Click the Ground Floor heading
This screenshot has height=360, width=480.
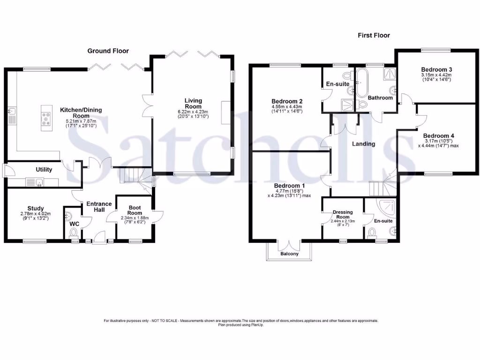pos(108,51)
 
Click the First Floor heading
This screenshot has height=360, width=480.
pos(374,35)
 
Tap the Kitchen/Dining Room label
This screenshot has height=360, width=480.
pos(81,113)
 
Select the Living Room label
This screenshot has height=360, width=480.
pos(193,104)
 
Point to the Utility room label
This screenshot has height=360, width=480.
pos(44,169)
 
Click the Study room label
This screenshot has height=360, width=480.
pos(36,209)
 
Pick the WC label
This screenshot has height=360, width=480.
pos(74,224)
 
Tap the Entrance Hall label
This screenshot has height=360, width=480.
pos(99,207)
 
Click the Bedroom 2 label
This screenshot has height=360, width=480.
pos(286,101)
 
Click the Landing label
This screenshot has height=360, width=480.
pos(364,144)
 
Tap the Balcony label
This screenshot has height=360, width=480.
pos(290,254)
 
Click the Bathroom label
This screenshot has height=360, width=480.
pos(380,98)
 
